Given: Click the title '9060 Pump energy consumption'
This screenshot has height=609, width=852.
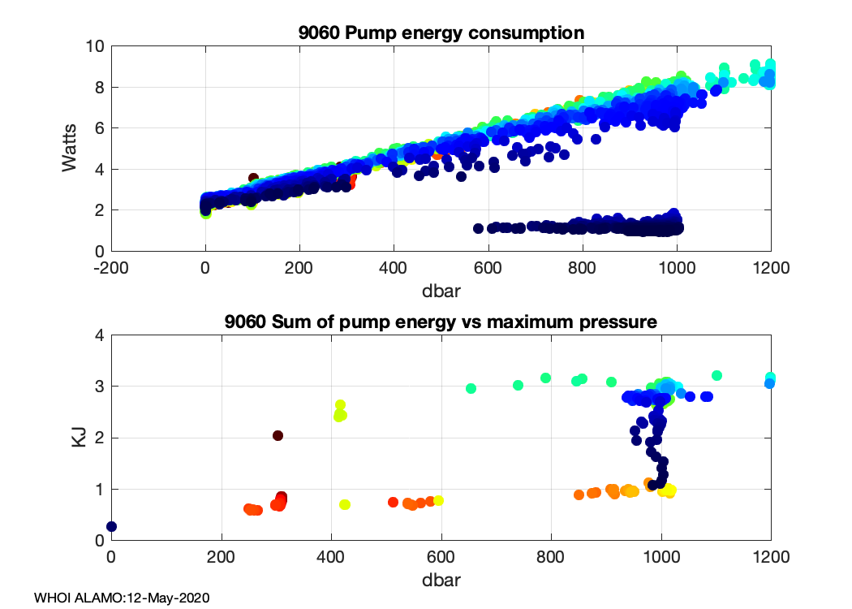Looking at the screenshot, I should point(441,33).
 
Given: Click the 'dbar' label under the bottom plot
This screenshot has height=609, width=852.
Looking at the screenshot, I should point(441,581).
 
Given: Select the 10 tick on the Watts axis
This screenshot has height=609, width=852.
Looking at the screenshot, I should point(94,46).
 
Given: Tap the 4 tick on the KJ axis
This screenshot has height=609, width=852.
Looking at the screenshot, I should point(99,335).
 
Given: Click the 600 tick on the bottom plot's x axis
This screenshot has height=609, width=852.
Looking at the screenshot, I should point(441,557).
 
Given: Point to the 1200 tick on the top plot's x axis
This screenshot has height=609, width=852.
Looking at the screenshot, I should point(771,268).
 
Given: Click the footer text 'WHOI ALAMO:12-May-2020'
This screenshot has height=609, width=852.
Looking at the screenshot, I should point(122,598).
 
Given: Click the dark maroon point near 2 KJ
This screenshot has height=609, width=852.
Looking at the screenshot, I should point(278,435).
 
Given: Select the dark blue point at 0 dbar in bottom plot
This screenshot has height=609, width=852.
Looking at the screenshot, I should point(112,526).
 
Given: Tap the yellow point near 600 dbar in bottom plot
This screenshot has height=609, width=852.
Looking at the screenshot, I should point(438,500).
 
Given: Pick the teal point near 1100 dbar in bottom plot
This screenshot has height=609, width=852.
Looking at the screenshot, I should point(716,375).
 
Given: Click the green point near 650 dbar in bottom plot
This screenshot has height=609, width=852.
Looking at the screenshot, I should point(471,388).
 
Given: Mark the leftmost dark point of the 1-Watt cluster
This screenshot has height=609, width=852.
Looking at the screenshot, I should point(479,228).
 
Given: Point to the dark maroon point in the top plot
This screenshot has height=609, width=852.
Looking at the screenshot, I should point(253,178).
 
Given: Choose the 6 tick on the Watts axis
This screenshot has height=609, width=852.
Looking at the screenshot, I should point(99,128).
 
